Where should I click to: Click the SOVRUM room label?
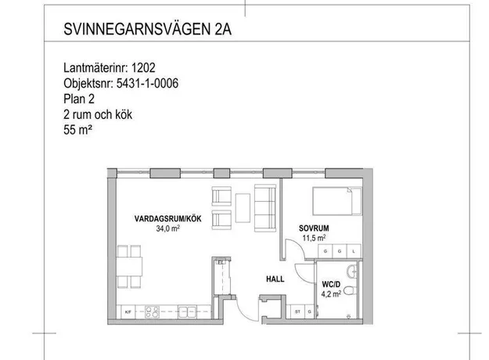point(314,229)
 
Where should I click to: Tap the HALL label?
point(275,279)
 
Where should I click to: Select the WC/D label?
point(331,284)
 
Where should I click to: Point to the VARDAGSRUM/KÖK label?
point(167,218)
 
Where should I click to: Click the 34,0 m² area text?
point(167,229)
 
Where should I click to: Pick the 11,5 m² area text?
point(314,238)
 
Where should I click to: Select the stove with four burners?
point(152,311)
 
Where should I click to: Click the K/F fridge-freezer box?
point(128,311)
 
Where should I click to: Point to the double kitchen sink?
point(187,311)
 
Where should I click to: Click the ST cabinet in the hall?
point(297,311)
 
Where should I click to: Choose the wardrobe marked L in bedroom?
point(354,251)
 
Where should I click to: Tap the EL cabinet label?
point(221,262)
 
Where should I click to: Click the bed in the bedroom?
point(337,201)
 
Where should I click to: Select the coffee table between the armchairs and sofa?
point(243,207)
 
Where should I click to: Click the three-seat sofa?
point(265,207)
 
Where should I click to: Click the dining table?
point(129,266)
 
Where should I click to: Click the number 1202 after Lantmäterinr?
point(143,67)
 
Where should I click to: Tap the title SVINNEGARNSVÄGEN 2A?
point(148,29)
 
